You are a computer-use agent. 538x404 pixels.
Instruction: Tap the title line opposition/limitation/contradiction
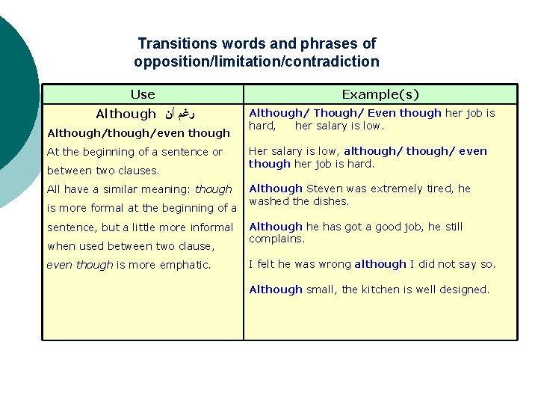tap(256, 62)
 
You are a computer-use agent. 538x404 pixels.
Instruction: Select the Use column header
tap(142, 94)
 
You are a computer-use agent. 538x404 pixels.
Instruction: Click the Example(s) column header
tap(380, 94)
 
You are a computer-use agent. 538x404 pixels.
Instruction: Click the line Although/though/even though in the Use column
tap(138, 133)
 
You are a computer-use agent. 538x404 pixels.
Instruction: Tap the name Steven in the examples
tap(324, 189)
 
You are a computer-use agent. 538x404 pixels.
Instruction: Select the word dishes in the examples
tap(332, 201)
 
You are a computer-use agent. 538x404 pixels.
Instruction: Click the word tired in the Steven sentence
tap(442, 189)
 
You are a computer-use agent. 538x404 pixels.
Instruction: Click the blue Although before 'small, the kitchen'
tap(276, 290)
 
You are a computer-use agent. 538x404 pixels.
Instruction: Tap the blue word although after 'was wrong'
tap(380, 264)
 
